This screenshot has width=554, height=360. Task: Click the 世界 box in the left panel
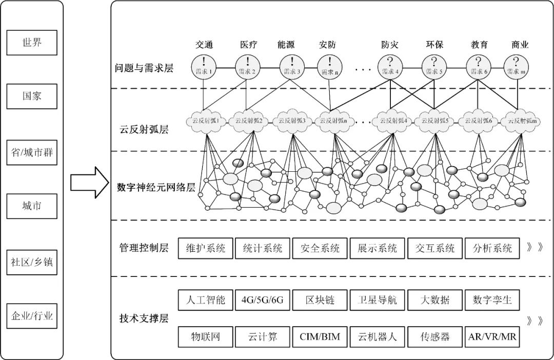pyautogui.click(x=32, y=42)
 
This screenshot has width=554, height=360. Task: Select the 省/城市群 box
pyautogui.click(x=32, y=153)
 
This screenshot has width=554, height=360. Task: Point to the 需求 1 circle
pyautogui.click(x=204, y=67)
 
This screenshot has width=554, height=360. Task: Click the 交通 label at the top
pyautogui.click(x=204, y=45)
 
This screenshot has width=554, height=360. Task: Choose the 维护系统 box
pyautogui.click(x=205, y=249)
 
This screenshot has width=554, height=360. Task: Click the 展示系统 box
pyautogui.click(x=377, y=249)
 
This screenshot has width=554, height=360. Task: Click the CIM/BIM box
pyautogui.click(x=320, y=337)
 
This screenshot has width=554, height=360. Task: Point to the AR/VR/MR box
pyautogui.click(x=492, y=337)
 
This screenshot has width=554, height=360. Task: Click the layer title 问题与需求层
pyautogui.click(x=144, y=68)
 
